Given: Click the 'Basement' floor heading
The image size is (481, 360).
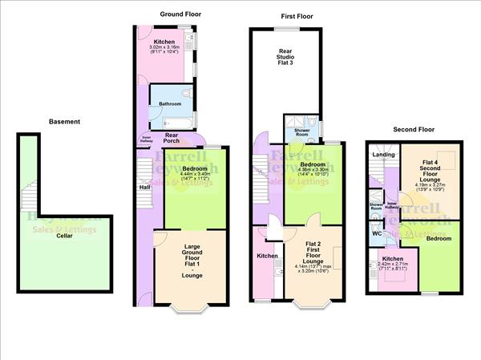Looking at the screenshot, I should pyautogui.click(x=65, y=122).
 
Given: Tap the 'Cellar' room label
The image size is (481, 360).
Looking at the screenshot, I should pyautogui.click(x=65, y=236).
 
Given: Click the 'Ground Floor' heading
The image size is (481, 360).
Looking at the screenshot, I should pyautogui.click(x=180, y=14).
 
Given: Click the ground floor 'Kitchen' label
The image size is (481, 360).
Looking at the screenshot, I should pyautogui.click(x=165, y=42).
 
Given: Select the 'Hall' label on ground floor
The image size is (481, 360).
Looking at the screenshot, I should pyautogui.click(x=145, y=188).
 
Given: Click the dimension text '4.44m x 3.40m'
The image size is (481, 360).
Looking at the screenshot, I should pyautogui.click(x=184, y=174).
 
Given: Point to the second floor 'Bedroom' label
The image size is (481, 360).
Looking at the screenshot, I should pyautogui.click(x=438, y=239).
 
